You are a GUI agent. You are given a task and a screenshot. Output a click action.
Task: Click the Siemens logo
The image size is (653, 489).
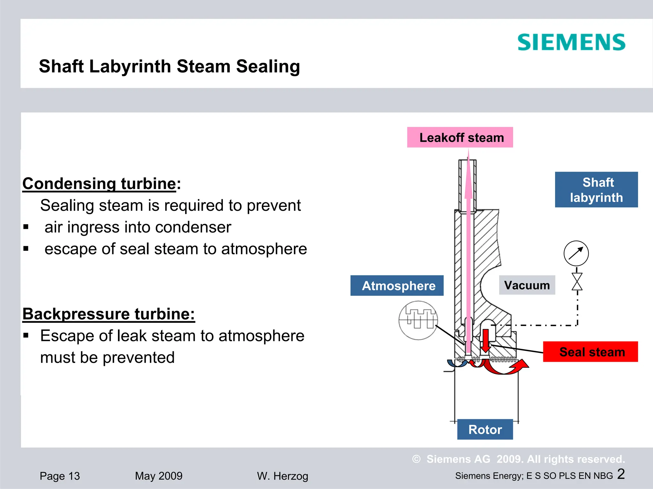[571, 42]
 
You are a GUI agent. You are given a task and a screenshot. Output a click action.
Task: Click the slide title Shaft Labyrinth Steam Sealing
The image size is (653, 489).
[169, 67]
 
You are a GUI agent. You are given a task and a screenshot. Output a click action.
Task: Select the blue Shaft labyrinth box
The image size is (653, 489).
[596, 190]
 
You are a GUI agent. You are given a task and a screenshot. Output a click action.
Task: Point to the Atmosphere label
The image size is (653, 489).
[397, 286]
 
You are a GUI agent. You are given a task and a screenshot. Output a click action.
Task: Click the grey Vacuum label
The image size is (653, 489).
[527, 285]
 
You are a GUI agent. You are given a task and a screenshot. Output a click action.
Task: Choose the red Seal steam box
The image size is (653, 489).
[591, 352]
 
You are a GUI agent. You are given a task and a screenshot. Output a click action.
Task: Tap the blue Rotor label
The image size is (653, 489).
[485, 429]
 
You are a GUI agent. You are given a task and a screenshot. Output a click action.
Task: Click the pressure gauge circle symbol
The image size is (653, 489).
[576, 253]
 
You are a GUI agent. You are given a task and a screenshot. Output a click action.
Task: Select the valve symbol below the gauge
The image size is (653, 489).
[577, 282]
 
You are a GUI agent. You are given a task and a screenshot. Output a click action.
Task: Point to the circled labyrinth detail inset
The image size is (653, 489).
[418, 320]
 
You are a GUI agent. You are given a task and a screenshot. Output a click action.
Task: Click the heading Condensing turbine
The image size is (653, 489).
[99, 184]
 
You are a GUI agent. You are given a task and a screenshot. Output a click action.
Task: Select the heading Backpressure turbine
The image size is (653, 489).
[108, 314]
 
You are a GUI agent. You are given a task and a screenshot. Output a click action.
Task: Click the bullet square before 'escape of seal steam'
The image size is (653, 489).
[26, 249]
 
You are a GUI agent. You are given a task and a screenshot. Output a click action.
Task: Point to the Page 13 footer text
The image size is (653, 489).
[60, 476]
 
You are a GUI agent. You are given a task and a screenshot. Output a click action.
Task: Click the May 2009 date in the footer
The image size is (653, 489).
[158, 476]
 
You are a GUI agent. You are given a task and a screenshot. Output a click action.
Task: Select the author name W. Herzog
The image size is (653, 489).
[282, 476]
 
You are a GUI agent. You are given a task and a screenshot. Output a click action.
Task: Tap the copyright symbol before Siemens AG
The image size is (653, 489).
[416, 459]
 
